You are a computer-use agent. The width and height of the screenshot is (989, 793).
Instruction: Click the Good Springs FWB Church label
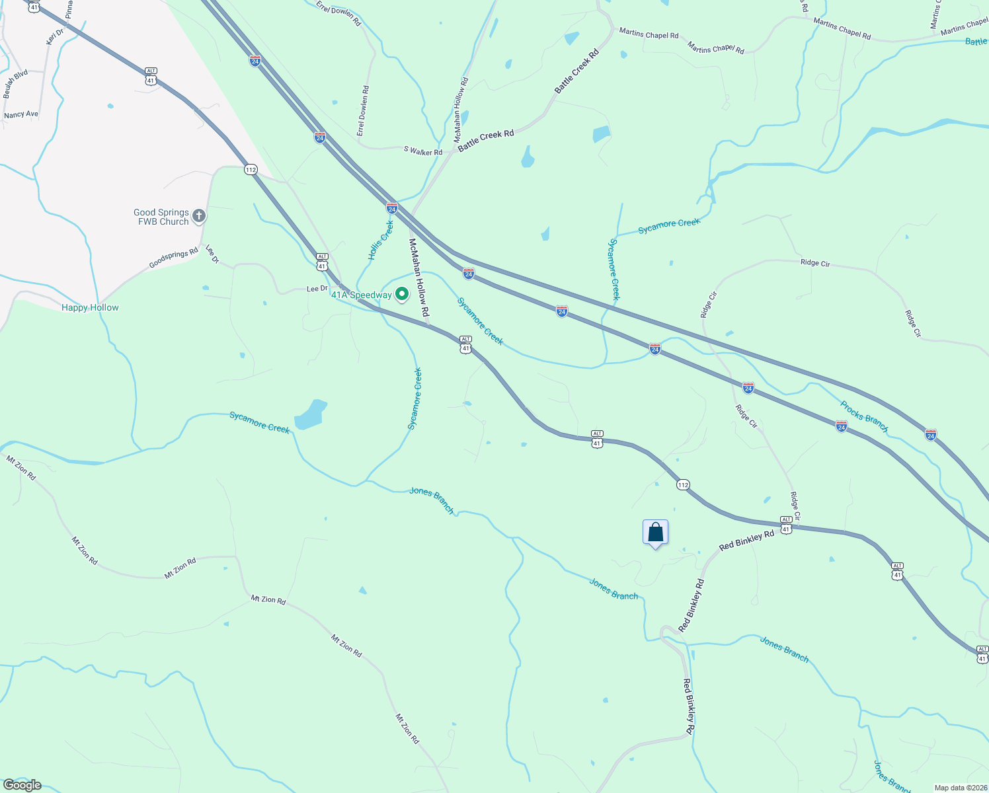point(161,217)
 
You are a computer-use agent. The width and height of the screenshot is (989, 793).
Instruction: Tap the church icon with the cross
point(198,216)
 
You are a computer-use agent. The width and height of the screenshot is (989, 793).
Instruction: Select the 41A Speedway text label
point(361,295)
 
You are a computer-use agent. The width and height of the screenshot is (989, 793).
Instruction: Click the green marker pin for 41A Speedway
point(401,294)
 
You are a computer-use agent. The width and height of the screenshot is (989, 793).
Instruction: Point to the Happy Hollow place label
point(90,307)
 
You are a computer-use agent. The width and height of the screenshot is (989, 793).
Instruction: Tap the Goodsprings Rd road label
point(173,258)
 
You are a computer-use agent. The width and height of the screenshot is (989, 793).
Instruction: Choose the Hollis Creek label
point(381,241)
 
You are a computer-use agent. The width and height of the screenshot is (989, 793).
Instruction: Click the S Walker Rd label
point(423,151)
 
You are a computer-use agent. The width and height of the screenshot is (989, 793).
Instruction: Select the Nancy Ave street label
point(21,114)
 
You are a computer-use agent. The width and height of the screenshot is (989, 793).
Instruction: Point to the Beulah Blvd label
point(15,84)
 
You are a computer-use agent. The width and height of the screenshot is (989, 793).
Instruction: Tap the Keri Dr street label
point(54,36)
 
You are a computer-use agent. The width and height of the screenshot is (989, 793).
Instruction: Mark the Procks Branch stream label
point(864,416)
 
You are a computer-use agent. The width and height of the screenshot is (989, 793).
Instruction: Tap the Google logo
point(22,785)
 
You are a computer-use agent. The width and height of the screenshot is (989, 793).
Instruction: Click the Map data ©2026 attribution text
point(961,788)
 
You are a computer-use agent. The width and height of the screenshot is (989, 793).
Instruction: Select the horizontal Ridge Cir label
point(814,262)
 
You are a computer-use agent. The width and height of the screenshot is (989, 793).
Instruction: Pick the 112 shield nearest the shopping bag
point(683,485)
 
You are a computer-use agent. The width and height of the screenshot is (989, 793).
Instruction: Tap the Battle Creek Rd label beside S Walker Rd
point(486,140)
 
